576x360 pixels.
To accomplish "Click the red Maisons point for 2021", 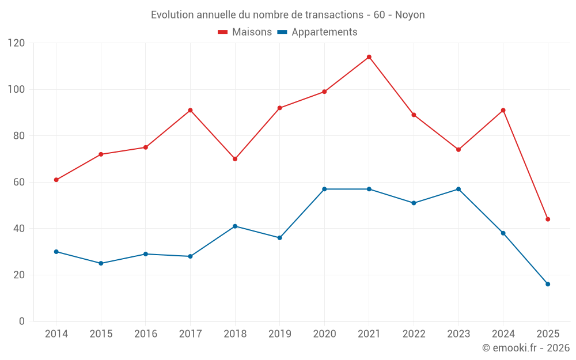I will (369, 57).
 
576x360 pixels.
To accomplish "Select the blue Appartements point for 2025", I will (548, 284).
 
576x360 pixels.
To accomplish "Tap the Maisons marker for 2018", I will (235, 159).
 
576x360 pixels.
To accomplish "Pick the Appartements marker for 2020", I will (324, 189).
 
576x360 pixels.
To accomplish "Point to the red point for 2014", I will (56, 180).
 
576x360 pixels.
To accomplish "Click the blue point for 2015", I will (101, 263).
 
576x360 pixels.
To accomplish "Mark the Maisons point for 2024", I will (503, 110).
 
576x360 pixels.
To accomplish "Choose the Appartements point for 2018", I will (235, 226).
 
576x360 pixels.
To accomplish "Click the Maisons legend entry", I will (245, 32).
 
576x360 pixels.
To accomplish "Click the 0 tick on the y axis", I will (22, 321).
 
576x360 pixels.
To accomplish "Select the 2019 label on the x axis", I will (280, 334).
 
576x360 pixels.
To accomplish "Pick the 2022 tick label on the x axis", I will (414, 334).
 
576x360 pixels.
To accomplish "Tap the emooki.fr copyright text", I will (525, 348).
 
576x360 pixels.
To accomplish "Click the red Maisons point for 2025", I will (548, 219).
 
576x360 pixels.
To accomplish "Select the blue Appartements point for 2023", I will (458, 189).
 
